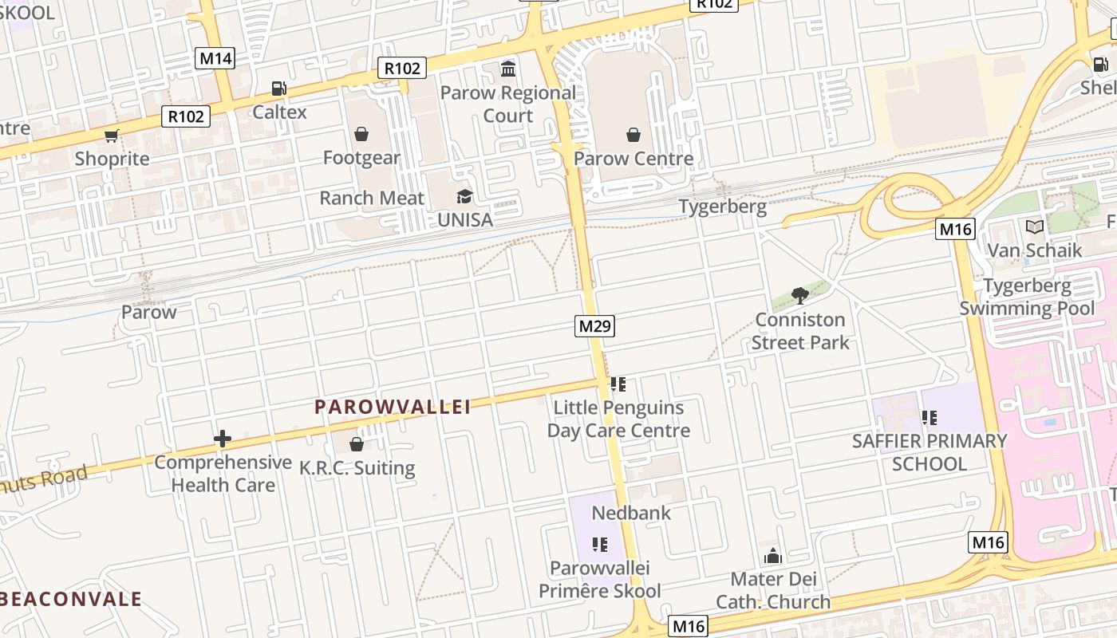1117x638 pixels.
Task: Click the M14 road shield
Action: (215, 58)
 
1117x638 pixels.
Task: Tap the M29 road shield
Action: (595, 325)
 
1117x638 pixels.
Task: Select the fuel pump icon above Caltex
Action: (278, 89)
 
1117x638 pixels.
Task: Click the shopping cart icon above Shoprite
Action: (112, 136)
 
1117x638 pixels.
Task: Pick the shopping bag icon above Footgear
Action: (361, 134)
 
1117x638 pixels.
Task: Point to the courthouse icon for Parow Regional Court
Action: (508, 69)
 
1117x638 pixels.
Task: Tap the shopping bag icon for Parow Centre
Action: (633, 135)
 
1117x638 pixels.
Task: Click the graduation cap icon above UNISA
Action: (464, 196)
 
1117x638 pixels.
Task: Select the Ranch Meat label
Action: (372, 198)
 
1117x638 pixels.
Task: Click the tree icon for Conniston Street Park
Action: (800, 297)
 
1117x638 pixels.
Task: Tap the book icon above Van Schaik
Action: (1035, 227)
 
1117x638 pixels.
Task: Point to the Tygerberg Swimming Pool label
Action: (1028, 297)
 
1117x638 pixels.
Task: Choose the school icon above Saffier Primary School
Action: (929, 417)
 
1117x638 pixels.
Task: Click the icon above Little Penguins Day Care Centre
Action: (618, 384)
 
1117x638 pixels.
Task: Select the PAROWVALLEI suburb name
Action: (393, 407)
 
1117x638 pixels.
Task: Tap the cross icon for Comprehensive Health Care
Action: (223, 439)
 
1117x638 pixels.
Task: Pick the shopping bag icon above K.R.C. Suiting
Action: (357, 444)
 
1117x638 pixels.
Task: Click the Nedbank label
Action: (631, 512)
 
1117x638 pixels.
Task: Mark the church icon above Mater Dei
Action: (772, 556)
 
